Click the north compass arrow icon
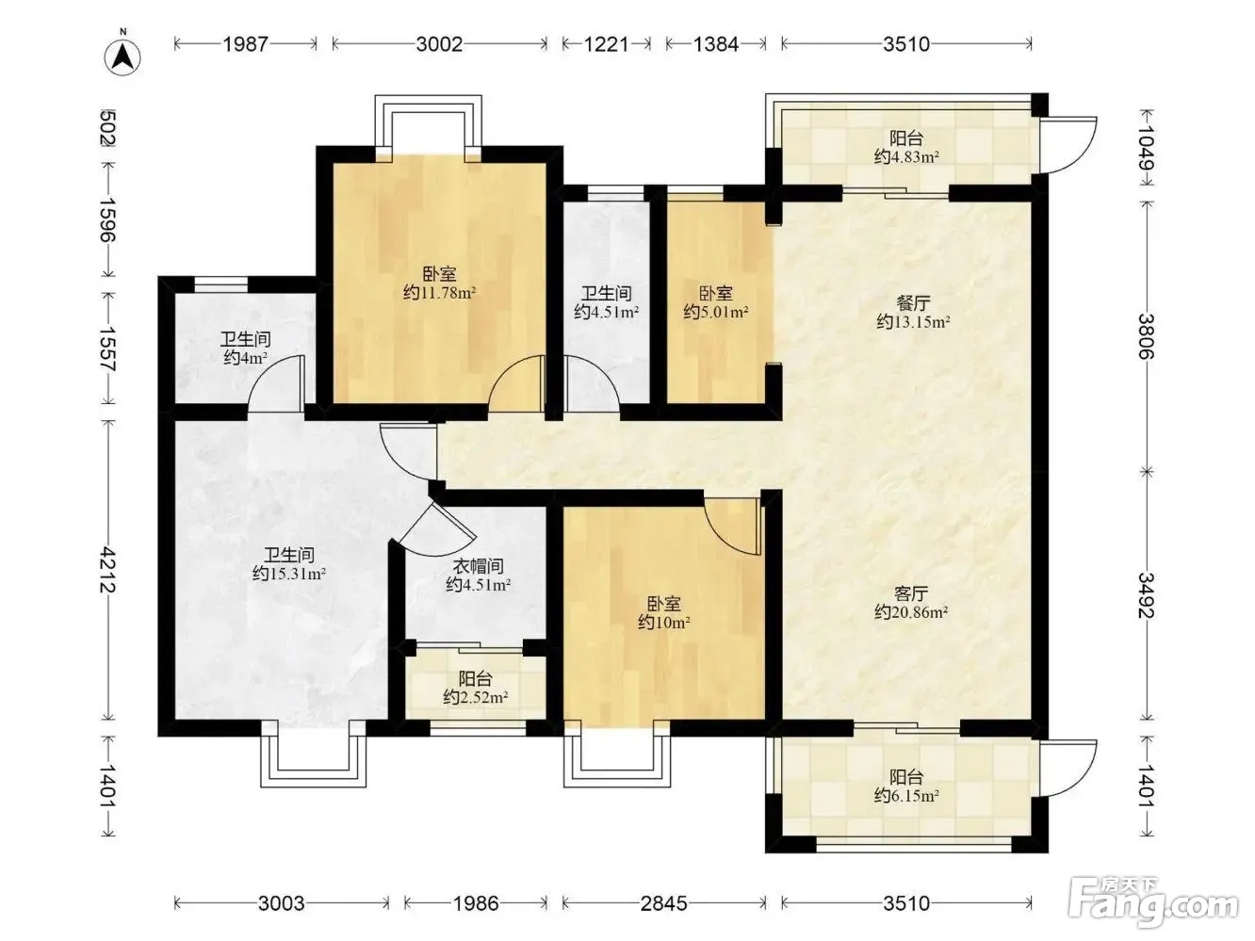tap(122, 57)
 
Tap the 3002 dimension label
tap(439, 44)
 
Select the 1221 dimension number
tap(606, 44)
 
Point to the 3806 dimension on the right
tap(1146, 336)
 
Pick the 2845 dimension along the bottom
tap(664, 903)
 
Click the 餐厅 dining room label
tap(913, 302)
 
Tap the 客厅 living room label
tap(911, 594)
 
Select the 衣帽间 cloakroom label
tap(478, 566)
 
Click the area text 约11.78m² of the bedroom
tap(439, 293)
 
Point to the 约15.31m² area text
tap(288, 574)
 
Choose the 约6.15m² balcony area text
tap(906, 795)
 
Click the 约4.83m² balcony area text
tap(906, 156)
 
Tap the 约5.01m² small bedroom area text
tap(716, 312)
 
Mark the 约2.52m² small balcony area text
tap(476, 697)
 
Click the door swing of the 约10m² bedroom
tap(733, 526)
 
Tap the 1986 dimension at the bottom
tap(476, 903)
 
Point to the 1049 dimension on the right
tap(1146, 147)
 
